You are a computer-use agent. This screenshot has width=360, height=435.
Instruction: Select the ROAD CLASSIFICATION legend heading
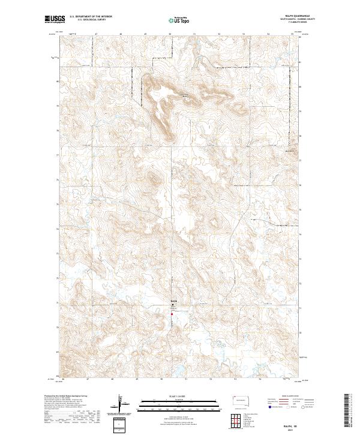[291, 395]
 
